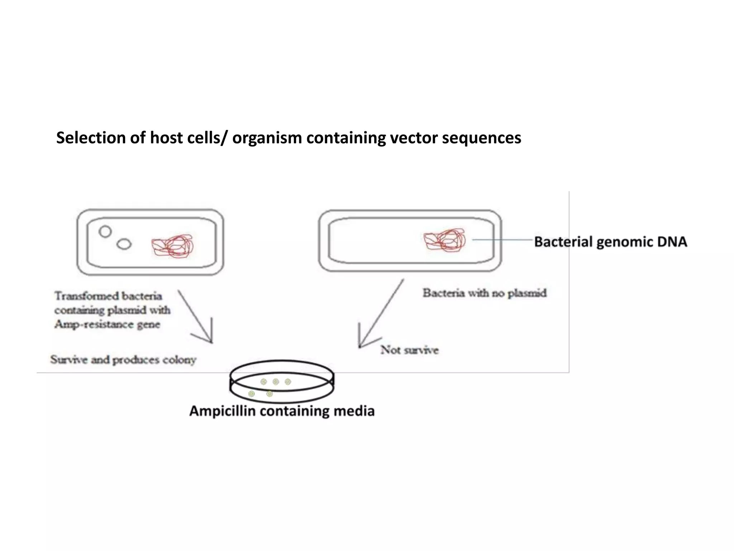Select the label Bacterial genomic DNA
[x=610, y=242]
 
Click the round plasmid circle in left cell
[x=105, y=232]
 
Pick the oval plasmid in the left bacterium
[x=124, y=244]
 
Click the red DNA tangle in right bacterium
[x=444, y=240]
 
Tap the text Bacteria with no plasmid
[x=485, y=293]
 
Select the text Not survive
[x=409, y=350]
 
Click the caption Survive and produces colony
[x=123, y=360]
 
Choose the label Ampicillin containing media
[x=282, y=411]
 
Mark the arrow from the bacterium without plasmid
[x=380, y=316]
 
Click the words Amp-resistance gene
[x=107, y=325]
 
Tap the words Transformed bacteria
[x=108, y=296]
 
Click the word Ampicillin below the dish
[x=222, y=411]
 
